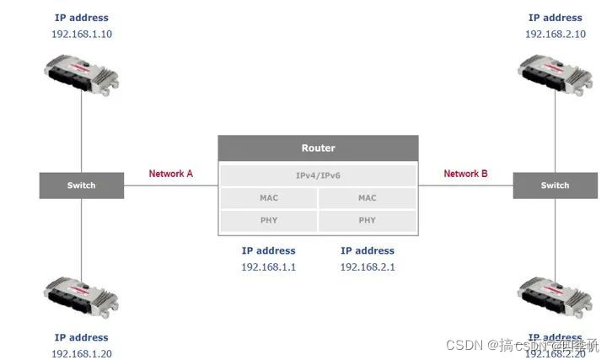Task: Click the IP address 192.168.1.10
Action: click(x=81, y=34)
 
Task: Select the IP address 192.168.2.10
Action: click(x=555, y=34)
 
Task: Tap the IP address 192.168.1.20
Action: click(x=81, y=353)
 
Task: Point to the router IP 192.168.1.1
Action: click(x=268, y=266)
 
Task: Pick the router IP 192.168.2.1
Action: click(x=368, y=266)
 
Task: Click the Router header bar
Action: click(x=318, y=148)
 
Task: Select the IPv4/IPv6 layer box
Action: click(x=318, y=175)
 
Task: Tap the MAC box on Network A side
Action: click(x=268, y=198)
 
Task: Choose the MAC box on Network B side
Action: click(x=368, y=198)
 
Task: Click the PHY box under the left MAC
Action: click(x=268, y=221)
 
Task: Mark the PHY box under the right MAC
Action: click(x=368, y=221)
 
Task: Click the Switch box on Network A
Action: click(x=81, y=185)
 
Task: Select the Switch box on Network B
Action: click(x=555, y=185)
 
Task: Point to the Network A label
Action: click(x=171, y=174)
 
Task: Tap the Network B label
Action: click(x=465, y=174)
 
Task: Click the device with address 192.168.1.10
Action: click(x=81, y=73)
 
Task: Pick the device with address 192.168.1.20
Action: click(x=81, y=298)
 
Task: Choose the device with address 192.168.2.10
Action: click(x=555, y=73)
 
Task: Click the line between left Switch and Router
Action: click(x=171, y=185)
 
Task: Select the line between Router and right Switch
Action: click(x=465, y=185)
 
